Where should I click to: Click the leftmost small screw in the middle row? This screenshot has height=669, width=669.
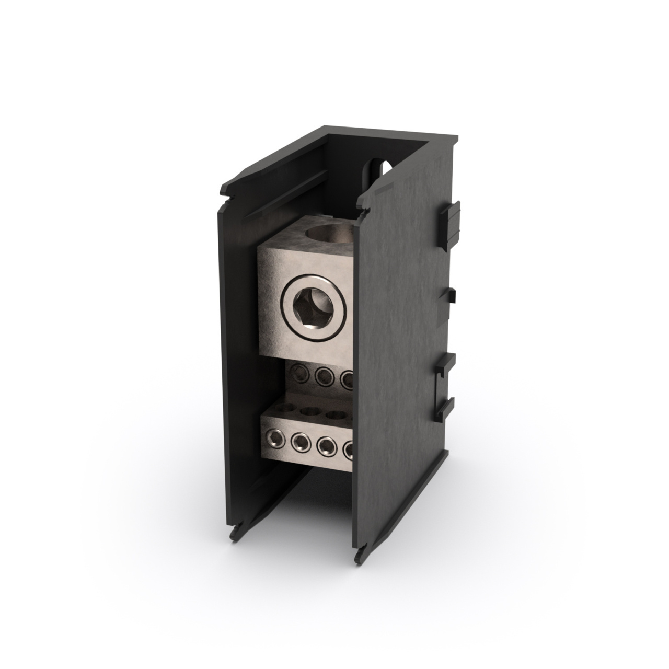coord(298,372)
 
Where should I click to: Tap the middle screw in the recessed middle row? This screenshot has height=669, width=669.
coord(322,375)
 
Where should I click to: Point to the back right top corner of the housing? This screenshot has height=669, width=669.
coord(456,138)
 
